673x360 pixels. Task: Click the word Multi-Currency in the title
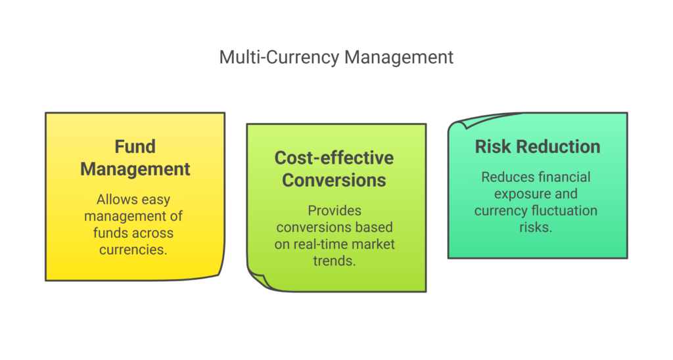click(279, 57)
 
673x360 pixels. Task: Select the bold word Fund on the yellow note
click(135, 146)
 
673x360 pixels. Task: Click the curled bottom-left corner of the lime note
click(258, 280)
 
